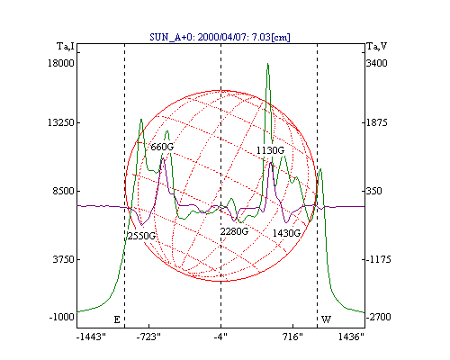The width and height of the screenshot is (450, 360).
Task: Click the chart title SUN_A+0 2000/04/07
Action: coord(220,37)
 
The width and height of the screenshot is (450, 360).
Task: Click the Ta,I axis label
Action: coord(66,47)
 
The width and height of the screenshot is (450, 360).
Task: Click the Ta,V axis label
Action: coord(377,47)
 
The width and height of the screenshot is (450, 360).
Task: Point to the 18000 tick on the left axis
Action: coord(61,63)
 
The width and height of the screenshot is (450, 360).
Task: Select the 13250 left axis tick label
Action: coord(61,122)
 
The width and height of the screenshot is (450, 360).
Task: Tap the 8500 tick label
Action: coord(63,191)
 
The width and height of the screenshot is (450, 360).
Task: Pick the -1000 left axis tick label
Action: coord(61,317)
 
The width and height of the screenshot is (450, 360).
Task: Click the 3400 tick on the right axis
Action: coord(377,63)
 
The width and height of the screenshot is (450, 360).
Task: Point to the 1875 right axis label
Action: coord(377,122)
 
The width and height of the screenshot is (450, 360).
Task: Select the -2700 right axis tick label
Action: coord(379,317)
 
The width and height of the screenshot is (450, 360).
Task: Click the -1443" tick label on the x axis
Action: coord(91,337)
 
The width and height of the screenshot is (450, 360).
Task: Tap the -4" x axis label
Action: coord(220,337)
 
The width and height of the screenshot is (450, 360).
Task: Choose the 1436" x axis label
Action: coord(351,337)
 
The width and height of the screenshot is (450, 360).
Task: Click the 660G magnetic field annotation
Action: coord(162,147)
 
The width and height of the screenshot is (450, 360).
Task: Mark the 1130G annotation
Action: coord(270,150)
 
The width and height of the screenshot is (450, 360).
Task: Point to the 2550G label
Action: coord(141,236)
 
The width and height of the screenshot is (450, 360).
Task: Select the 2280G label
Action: coord(234,231)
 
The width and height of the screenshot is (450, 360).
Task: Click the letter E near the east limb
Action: coord(117,319)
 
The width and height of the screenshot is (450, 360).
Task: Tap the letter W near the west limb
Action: coord(326,319)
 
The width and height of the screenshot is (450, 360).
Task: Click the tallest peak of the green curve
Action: coord(268,64)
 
